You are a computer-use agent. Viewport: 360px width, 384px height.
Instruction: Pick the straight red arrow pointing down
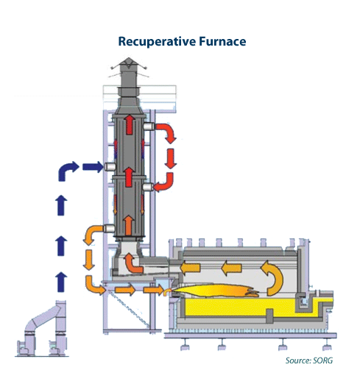click(x=170, y=158)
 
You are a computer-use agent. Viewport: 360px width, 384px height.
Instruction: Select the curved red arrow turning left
click(x=165, y=183)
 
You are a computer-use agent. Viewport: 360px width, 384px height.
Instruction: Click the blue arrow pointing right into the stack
click(x=93, y=167)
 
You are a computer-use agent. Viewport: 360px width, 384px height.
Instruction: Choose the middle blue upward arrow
click(x=62, y=243)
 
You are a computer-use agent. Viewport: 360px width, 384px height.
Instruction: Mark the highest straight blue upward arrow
click(x=62, y=205)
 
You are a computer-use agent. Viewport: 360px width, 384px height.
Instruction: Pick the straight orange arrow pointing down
click(x=89, y=259)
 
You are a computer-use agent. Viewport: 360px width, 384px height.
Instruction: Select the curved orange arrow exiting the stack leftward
click(x=94, y=233)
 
